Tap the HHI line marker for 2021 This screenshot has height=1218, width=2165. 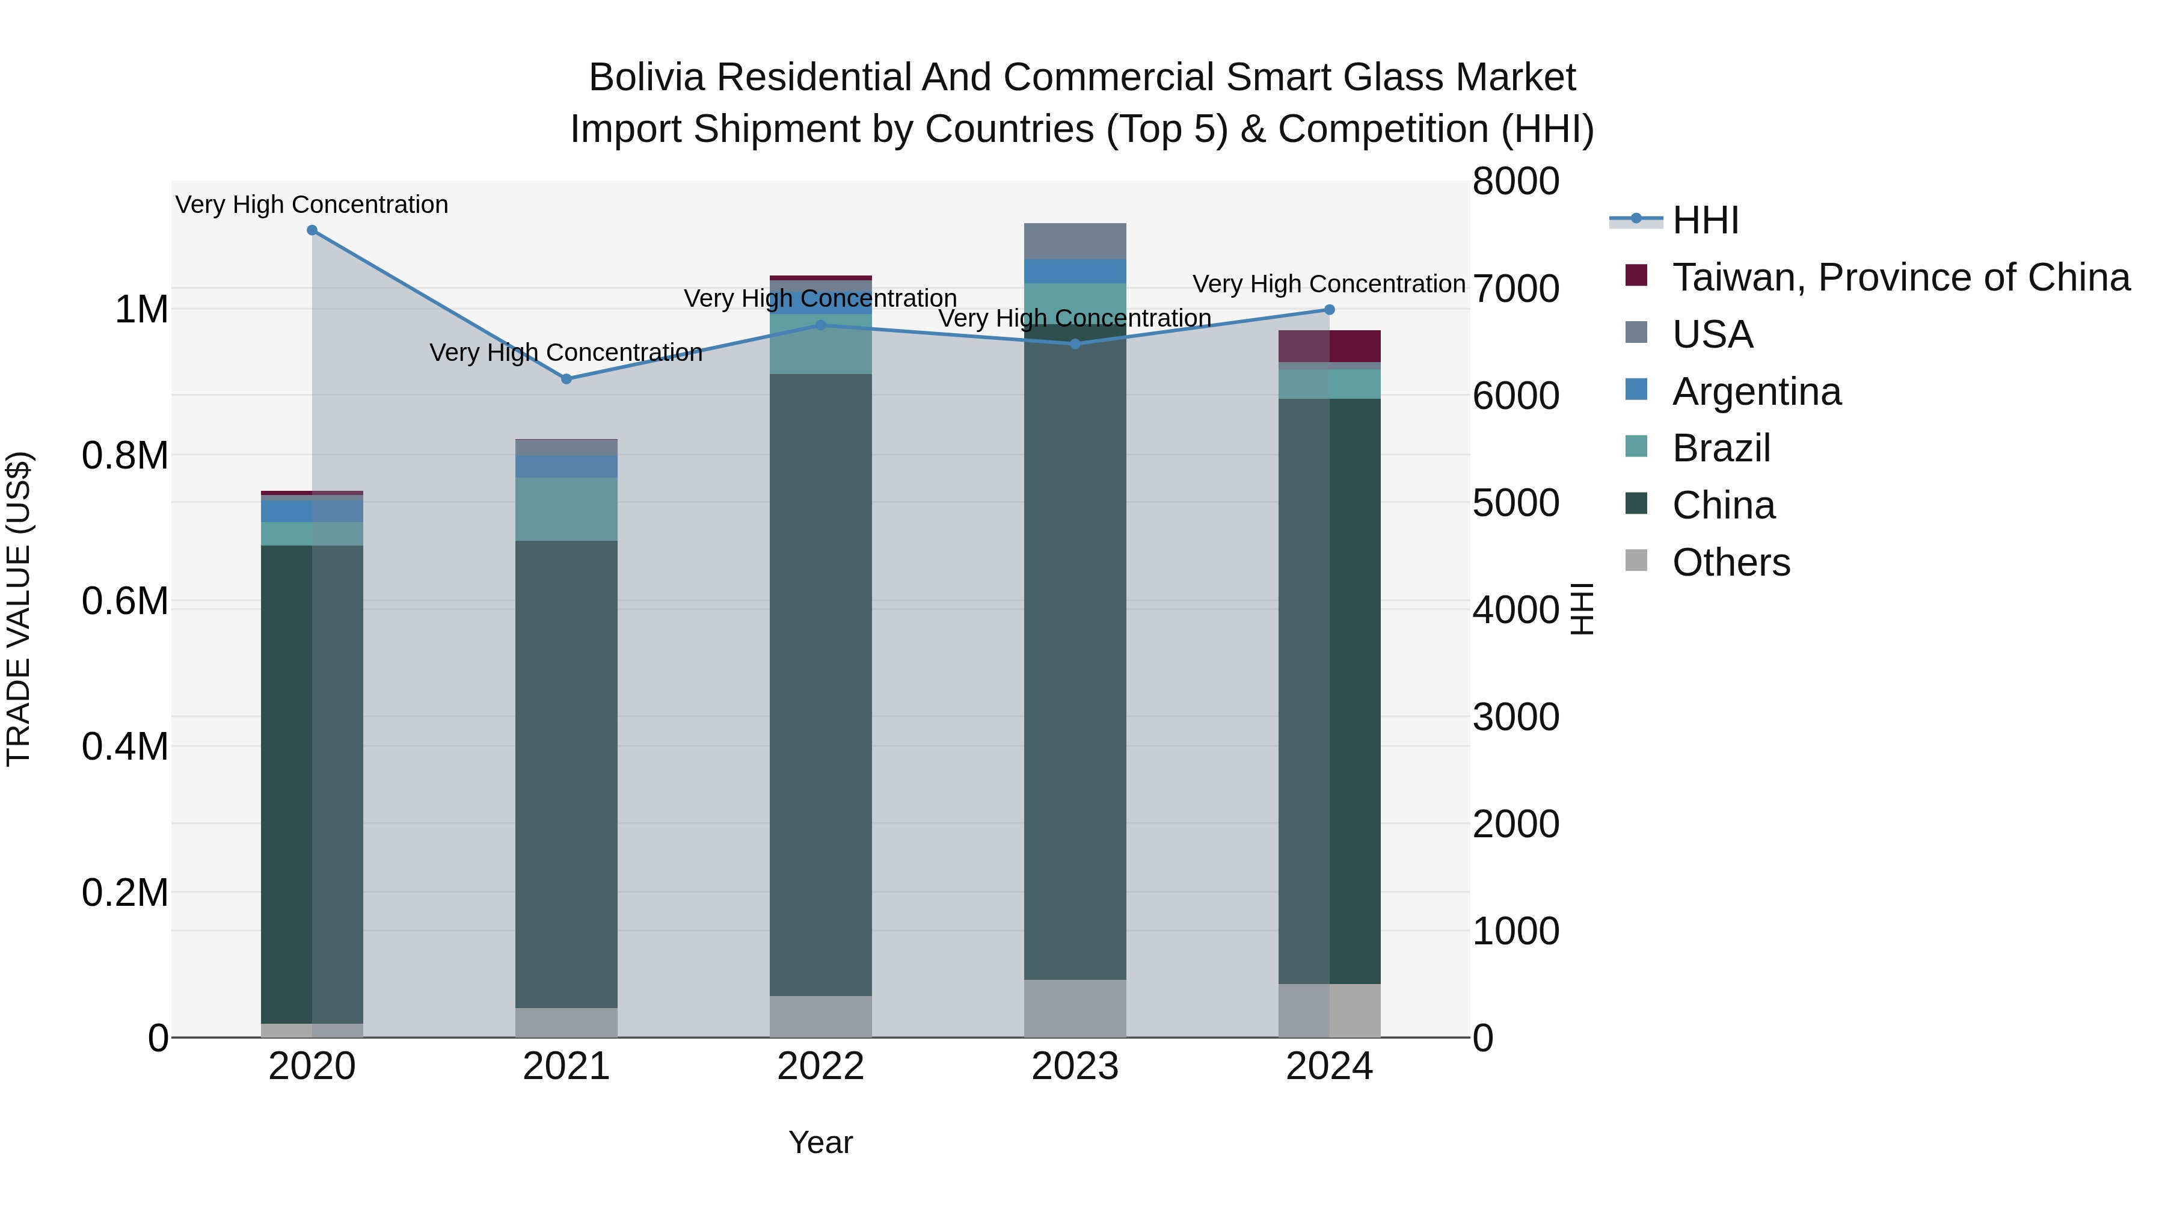(x=567, y=379)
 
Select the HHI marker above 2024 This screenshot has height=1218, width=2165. (x=1328, y=310)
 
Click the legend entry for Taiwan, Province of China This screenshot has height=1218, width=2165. (x=1899, y=277)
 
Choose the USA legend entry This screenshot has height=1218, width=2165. (x=1712, y=334)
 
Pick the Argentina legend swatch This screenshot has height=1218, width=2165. (x=1636, y=390)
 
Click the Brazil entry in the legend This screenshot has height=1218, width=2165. (x=1721, y=448)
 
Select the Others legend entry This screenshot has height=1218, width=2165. (x=1730, y=562)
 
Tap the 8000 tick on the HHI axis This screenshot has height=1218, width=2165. (x=1515, y=182)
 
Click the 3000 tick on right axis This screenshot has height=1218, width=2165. (x=1515, y=717)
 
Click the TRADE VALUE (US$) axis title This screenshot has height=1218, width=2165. (x=19, y=609)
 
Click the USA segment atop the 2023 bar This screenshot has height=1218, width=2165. (x=1075, y=241)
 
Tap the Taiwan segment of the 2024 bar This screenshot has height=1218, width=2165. (x=1354, y=345)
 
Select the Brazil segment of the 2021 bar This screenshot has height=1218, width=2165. (x=567, y=508)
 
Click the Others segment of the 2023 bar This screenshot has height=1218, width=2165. (x=1075, y=1008)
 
